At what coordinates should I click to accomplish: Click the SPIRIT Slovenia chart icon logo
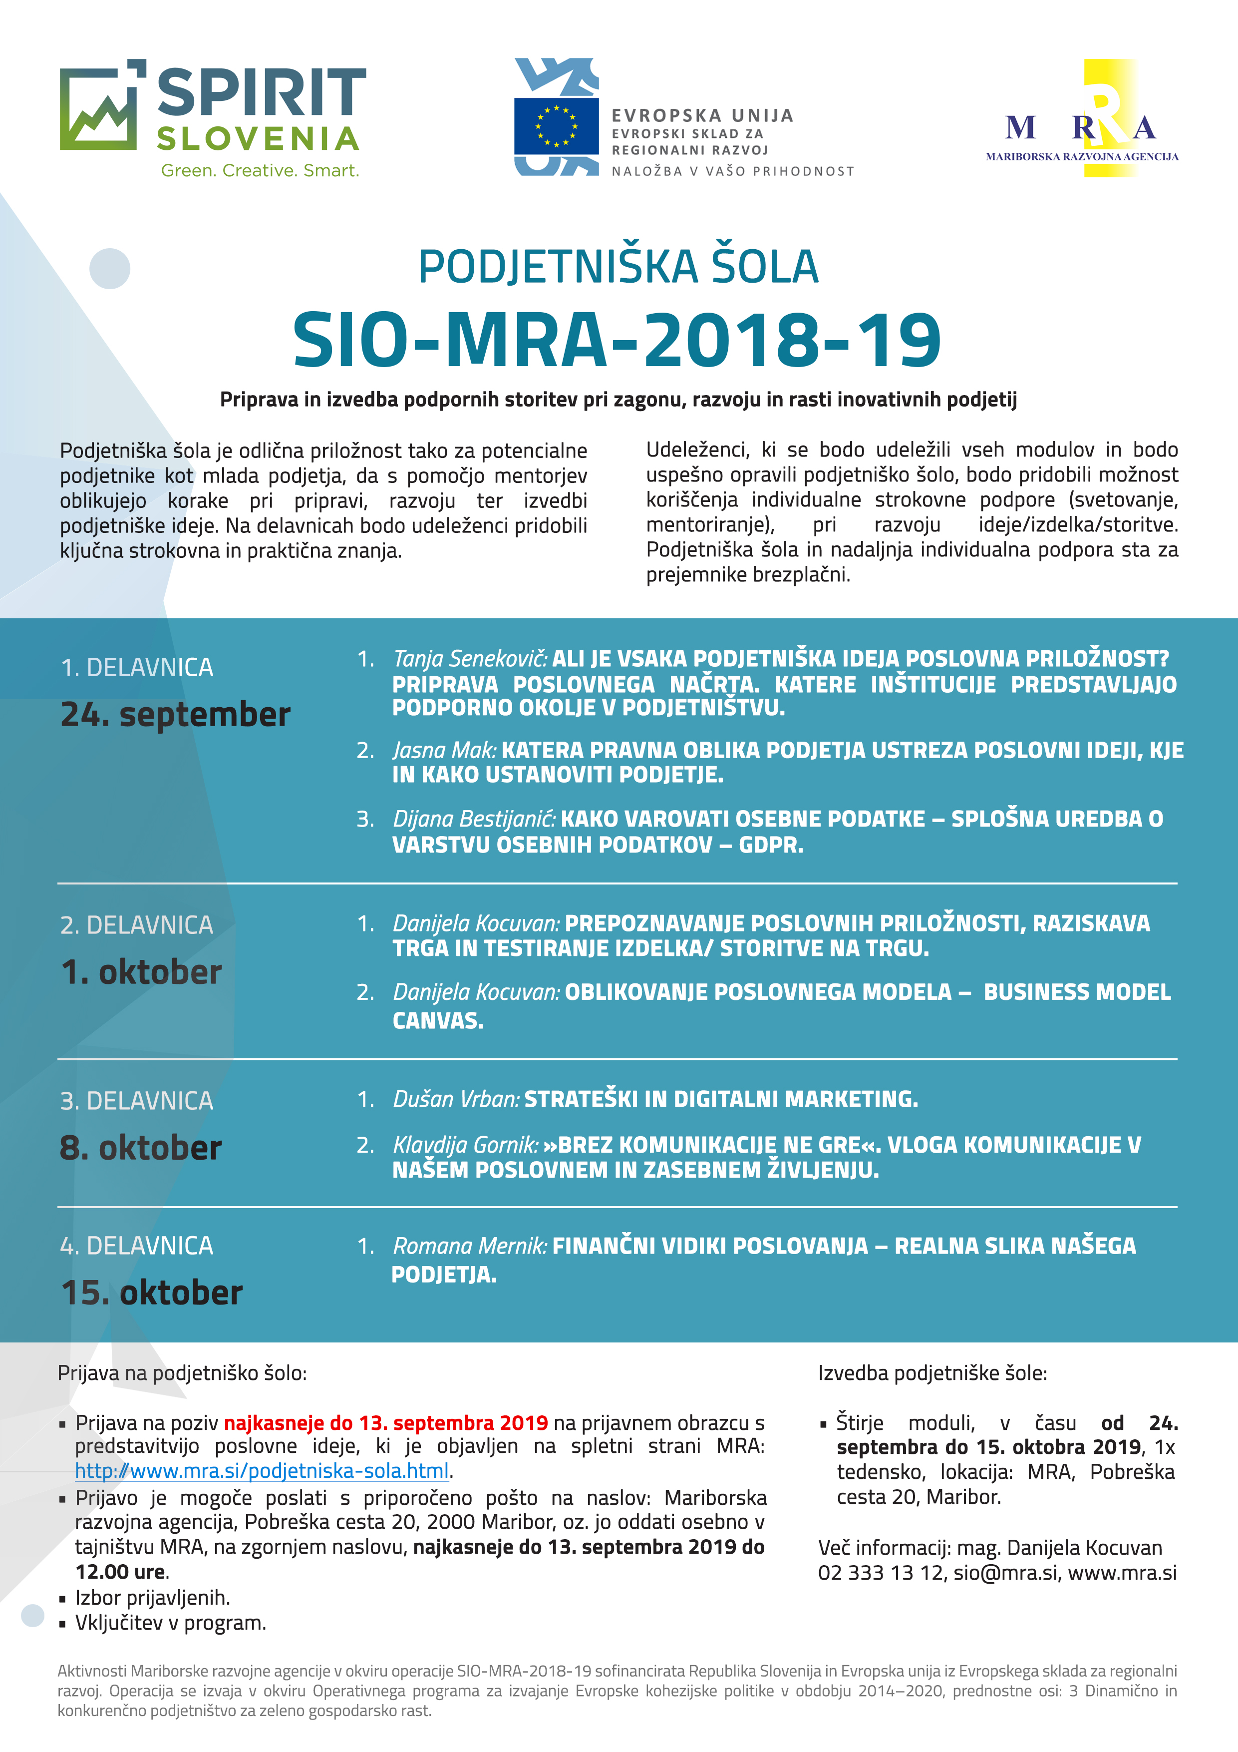click(x=99, y=107)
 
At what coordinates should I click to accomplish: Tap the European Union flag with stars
click(x=556, y=126)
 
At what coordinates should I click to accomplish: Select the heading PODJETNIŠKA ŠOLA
click(x=618, y=267)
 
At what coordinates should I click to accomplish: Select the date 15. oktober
click(x=152, y=1293)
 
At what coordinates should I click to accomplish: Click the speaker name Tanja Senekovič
click(x=470, y=659)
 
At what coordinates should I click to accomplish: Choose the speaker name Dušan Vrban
click(x=455, y=1099)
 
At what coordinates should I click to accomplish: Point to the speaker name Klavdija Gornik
click(x=465, y=1145)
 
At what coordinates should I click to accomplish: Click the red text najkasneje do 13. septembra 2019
click(x=386, y=1423)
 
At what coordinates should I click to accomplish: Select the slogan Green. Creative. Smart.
click(x=260, y=171)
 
